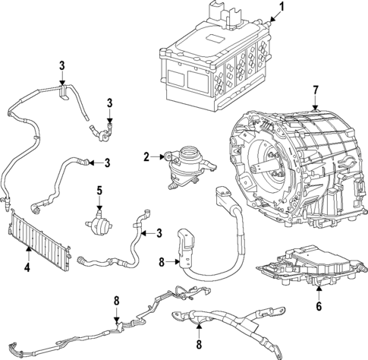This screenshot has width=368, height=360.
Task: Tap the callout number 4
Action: click(28, 267)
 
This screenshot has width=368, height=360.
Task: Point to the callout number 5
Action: click(98, 190)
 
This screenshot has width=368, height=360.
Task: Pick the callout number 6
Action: click(319, 308)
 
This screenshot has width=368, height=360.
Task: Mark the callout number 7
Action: click(316, 91)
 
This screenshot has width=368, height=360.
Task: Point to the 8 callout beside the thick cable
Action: click(161, 264)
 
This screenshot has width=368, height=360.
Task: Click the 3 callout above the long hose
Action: click(61, 66)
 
